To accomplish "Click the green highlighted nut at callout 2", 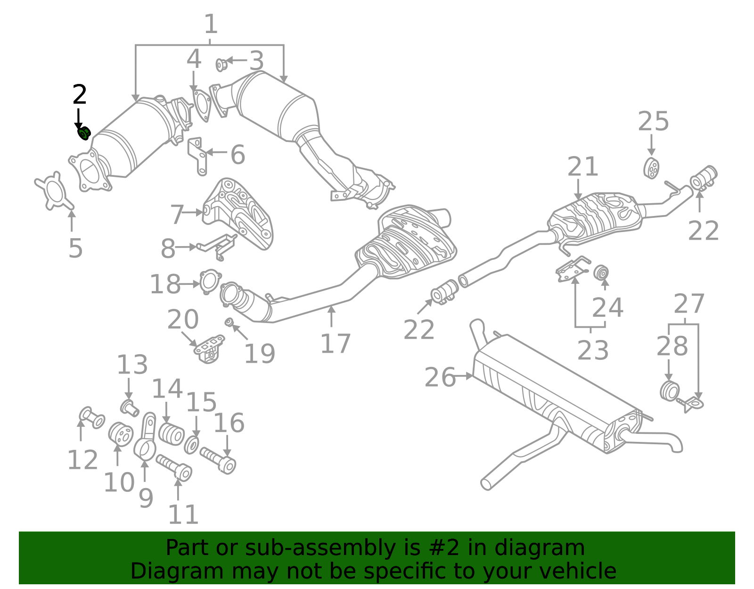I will click(84, 133).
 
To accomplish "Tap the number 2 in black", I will click(80, 95).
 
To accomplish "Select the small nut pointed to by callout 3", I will click(221, 65).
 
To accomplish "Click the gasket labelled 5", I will click(55, 191).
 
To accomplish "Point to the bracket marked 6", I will click(197, 156).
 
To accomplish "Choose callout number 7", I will click(177, 215).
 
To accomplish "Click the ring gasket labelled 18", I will click(209, 281).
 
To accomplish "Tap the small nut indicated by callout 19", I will click(229, 322).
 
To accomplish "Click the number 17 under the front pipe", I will click(336, 343).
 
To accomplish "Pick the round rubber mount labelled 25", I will click(651, 168).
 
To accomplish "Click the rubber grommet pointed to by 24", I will click(601, 273).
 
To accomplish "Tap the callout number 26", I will click(440, 378).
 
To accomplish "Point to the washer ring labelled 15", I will click(191, 445).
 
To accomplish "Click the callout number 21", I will click(583, 167).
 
